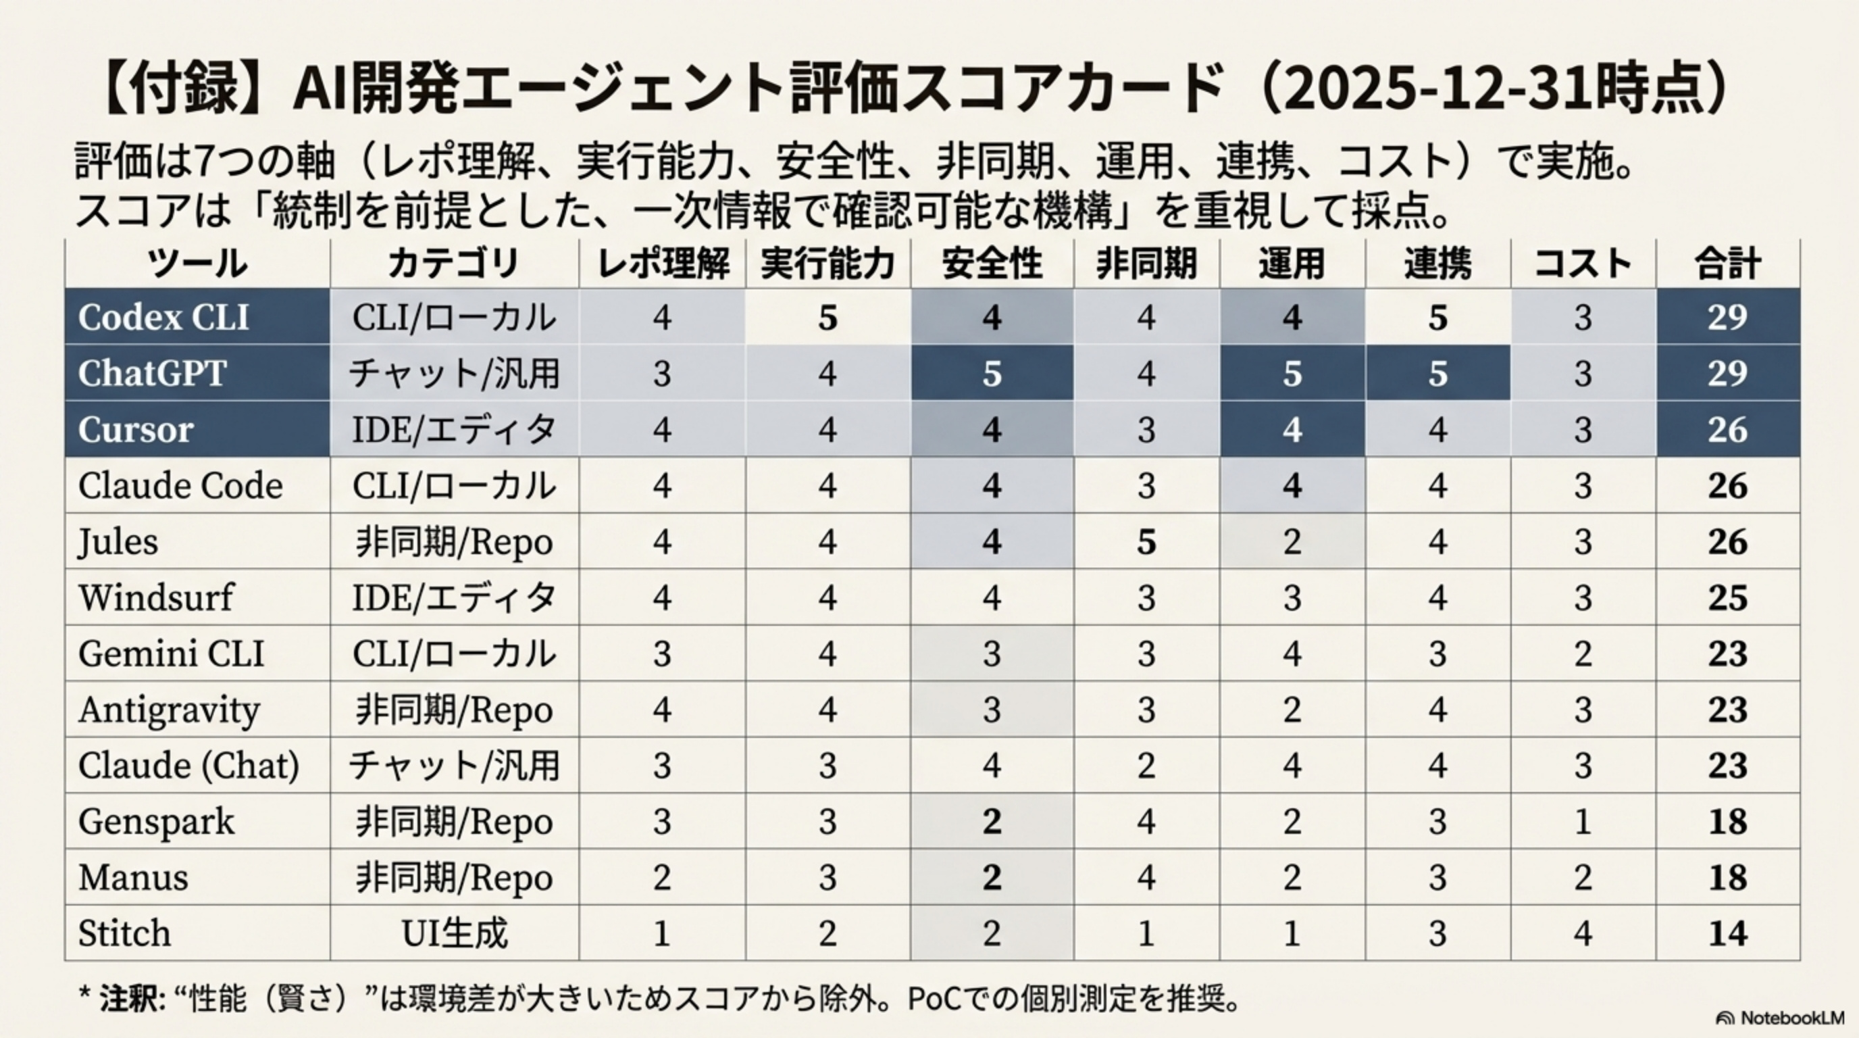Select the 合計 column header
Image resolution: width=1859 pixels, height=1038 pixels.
pos(1728,264)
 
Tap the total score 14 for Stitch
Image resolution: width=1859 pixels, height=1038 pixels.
pos(1728,933)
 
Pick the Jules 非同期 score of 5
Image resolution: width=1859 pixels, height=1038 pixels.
pos(1146,541)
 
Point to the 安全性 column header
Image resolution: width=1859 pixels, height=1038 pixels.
pos(992,264)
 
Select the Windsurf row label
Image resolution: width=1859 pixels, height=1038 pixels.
pos(156,597)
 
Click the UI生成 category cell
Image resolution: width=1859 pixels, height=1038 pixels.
pos(455,933)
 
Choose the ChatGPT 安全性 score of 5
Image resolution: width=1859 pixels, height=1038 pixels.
pos(992,373)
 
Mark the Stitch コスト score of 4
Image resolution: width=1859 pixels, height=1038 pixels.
pos(1583,933)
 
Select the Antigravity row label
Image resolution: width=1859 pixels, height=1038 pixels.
pos(169,710)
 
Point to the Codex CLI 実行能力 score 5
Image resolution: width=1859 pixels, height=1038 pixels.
pos(827,318)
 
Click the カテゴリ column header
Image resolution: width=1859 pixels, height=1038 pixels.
pos(454,264)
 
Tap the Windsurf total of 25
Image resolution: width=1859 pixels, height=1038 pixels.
pos(1728,597)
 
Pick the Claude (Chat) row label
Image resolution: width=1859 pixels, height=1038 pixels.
pos(188,765)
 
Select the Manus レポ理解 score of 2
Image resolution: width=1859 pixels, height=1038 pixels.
pos(662,878)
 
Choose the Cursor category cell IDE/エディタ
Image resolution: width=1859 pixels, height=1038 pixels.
pos(455,430)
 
